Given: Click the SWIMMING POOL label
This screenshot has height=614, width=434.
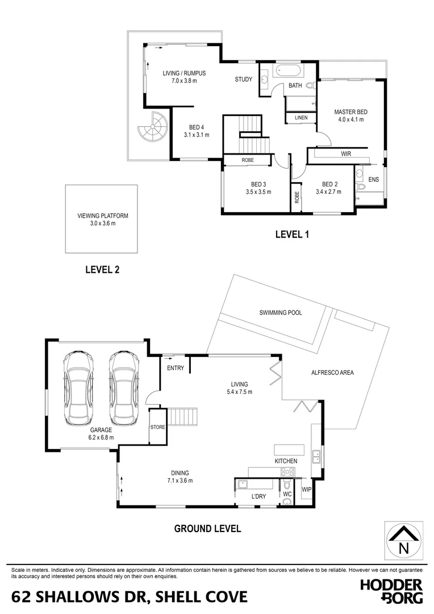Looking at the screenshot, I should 281,313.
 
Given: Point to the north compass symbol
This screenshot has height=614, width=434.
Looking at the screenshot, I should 403,541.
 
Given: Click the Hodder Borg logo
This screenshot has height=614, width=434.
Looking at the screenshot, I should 391,591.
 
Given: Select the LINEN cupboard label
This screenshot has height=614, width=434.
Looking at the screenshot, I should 301,118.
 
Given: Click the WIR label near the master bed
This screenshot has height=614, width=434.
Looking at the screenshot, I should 346,154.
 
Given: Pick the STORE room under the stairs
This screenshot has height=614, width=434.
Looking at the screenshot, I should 157,426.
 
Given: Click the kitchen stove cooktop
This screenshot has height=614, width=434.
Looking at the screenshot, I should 288,471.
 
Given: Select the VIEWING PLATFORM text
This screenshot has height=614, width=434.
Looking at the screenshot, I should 103,216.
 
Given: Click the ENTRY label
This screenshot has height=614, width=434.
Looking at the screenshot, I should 176,368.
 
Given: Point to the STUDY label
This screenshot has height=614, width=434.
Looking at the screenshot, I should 244,80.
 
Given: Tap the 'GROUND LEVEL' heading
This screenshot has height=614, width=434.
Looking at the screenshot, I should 207,528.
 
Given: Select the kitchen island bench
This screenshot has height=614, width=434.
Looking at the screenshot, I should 289,449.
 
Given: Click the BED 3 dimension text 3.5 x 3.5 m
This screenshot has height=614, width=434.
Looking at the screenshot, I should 258,192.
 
